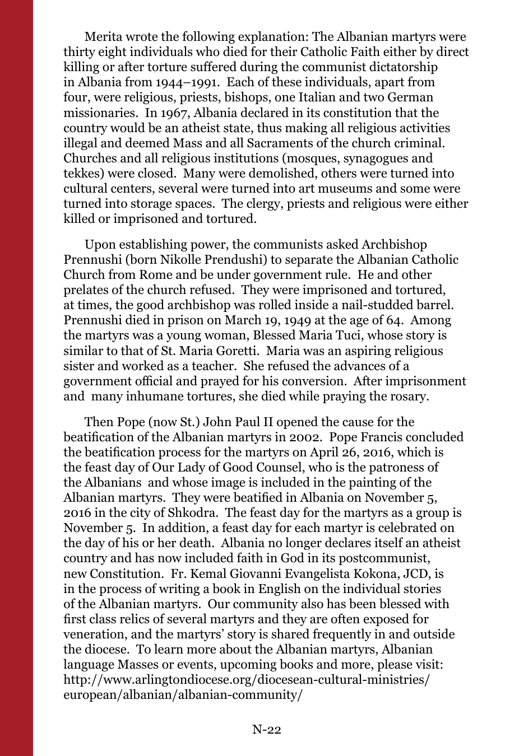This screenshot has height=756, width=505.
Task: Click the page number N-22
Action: [x=266, y=729]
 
